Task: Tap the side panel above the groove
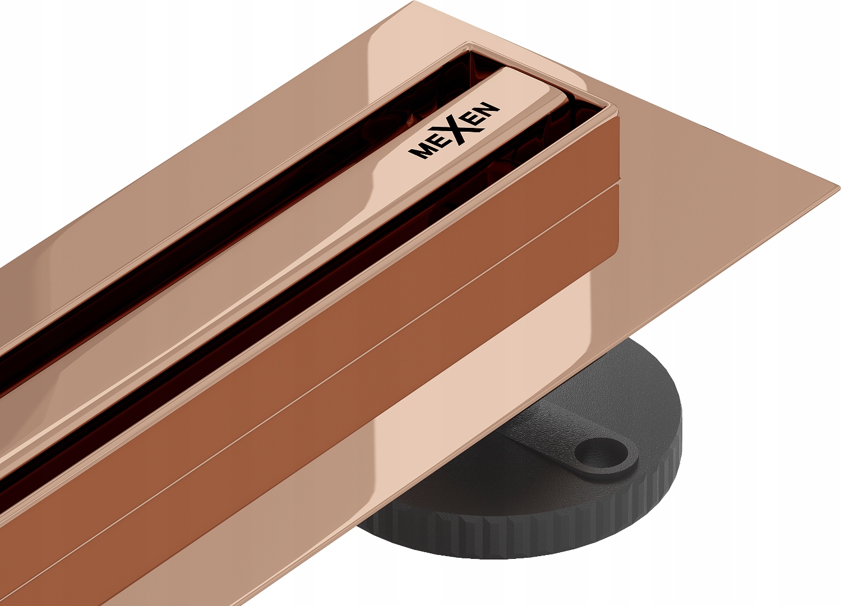[392, 286]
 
